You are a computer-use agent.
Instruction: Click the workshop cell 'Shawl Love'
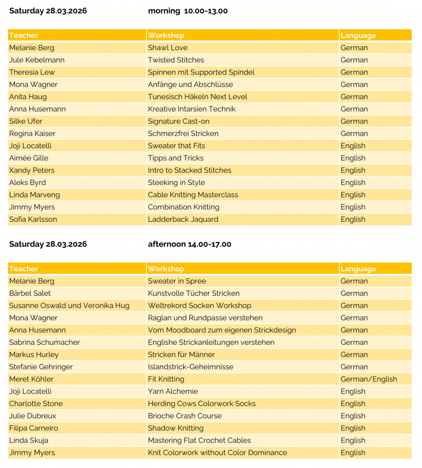point(168,48)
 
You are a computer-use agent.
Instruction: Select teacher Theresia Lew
point(32,72)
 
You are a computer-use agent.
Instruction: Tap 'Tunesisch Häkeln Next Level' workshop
point(198,97)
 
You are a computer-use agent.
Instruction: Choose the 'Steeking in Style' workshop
point(176,183)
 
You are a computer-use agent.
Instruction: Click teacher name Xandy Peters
point(32,170)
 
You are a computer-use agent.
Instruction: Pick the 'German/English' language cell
point(368,379)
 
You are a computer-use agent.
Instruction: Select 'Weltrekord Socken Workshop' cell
point(199,306)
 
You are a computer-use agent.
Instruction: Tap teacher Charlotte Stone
point(36,403)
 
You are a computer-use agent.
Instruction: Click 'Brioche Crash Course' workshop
point(185,416)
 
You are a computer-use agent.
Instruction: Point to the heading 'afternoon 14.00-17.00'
point(189,244)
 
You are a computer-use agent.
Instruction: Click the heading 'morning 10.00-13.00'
point(188,11)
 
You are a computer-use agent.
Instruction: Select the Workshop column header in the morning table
point(166,35)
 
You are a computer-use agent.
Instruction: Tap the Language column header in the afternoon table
point(358,269)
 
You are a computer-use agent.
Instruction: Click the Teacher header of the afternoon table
point(24,269)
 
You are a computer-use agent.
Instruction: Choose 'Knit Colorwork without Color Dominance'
point(217,453)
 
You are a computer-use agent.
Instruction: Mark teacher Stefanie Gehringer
point(41,367)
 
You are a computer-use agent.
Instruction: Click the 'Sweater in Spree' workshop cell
point(177,281)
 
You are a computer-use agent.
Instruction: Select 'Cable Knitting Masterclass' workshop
point(193,195)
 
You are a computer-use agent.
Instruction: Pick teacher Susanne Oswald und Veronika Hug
point(69,306)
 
